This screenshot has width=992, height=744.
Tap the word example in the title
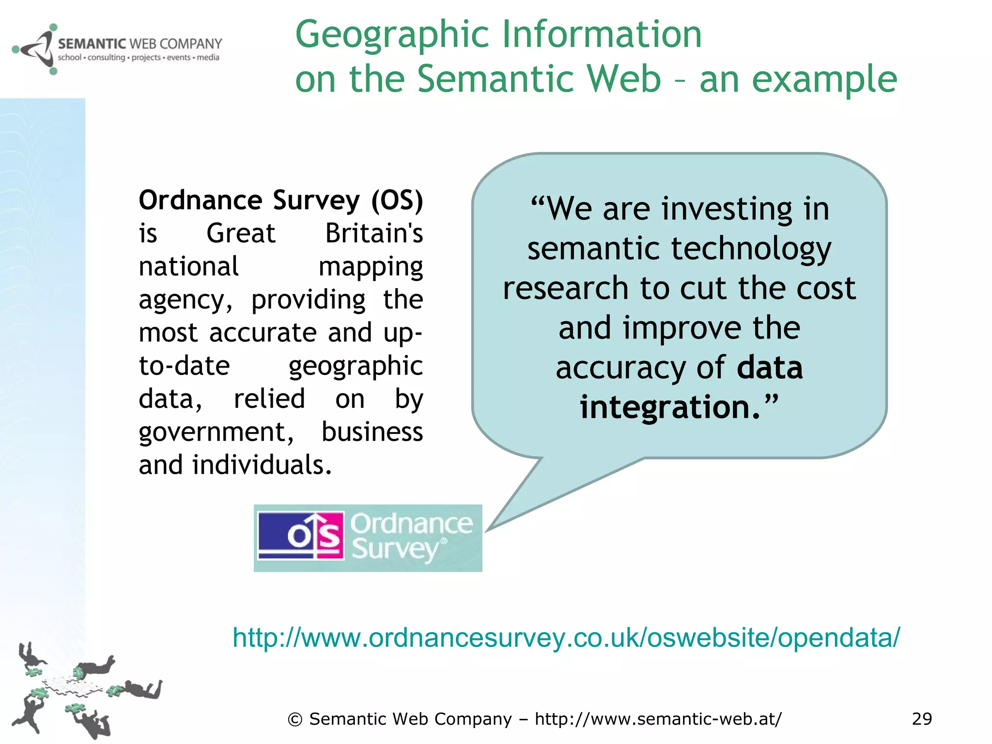click(824, 79)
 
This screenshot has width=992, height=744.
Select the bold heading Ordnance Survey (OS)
click(280, 200)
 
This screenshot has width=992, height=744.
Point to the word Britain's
click(373, 233)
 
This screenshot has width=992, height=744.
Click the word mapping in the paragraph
click(371, 267)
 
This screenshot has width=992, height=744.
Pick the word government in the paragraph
click(216, 432)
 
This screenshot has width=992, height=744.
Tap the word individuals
click(262, 465)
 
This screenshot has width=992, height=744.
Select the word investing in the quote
click(727, 209)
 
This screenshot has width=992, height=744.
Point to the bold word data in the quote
click(770, 368)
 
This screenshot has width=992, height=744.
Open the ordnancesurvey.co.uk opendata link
click(566, 637)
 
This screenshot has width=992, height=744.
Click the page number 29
click(921, 719)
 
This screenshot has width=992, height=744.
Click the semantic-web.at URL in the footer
click(658, 719)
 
